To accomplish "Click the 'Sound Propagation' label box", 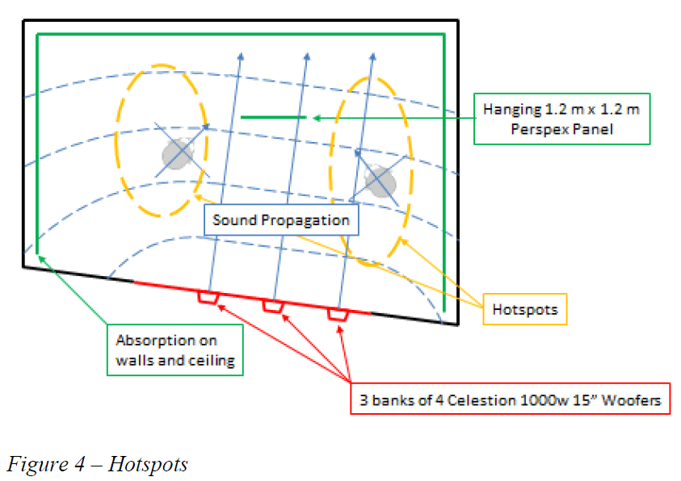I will click(x=281, y=220).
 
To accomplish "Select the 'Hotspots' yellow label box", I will click(x=525, y=309).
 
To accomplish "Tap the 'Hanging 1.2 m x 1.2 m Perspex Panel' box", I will click(x=561, y=118).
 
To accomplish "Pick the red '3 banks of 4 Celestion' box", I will click(x=511, y=399).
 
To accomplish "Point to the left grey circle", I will click(x=178, y=153).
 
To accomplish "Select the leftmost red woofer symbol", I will click(x=208, y=297).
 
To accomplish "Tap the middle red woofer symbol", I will click(x=273, y=306).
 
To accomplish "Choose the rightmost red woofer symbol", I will click(x=338, y=314).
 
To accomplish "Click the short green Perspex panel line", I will click(x=273, y=118).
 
